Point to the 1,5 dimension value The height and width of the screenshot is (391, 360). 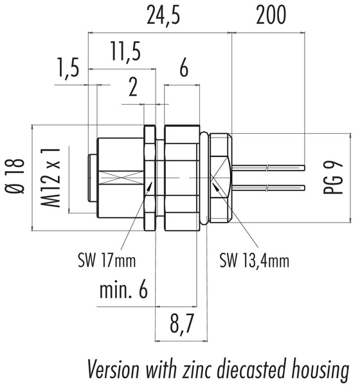click(x=68, y=68)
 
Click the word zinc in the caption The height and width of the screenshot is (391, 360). click(x=190, y=371)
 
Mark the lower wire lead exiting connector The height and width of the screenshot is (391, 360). click(x=270, y=188)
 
